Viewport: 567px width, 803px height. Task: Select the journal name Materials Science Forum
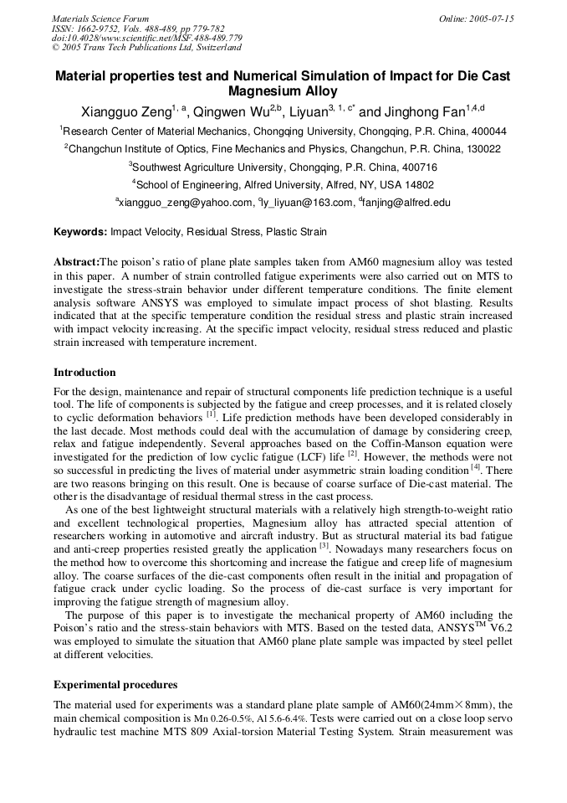pos(100,18)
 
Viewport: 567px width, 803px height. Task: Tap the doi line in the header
pos(147,39)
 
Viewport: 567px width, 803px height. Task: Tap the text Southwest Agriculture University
pos(212,167)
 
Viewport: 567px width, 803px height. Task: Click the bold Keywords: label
pos(80,232)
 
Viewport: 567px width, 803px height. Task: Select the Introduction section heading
pos(84,373)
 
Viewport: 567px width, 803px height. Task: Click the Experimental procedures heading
pos(115,685)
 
